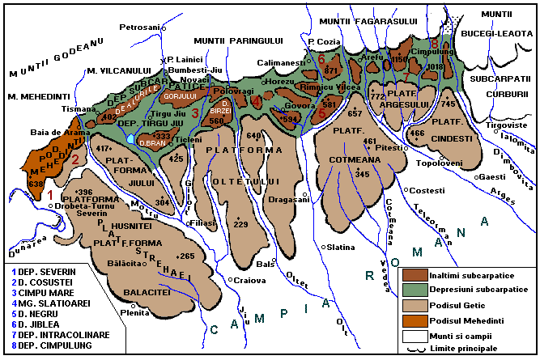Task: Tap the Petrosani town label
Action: click(140, 28)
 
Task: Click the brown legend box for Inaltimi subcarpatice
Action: click(414, 277)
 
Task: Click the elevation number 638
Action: click(35, 184)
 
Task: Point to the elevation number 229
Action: click(240, 224)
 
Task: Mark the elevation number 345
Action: click(362, 174)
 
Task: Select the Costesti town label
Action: click(427, 190)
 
